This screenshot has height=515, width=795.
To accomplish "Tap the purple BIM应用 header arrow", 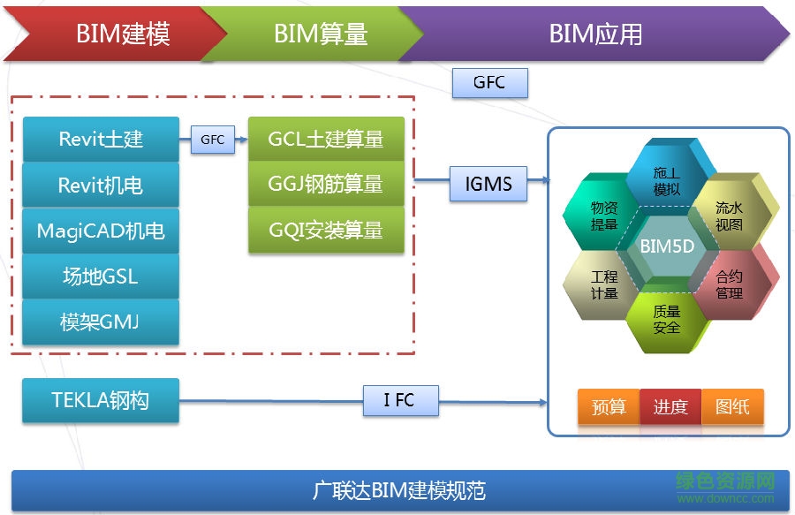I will pyautogui.click(x=594, y=34).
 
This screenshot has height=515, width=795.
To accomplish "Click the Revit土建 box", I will pyautogui.click(x=101, y=140).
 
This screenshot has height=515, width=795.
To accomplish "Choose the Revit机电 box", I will pyautogui.click(x=101, y=186).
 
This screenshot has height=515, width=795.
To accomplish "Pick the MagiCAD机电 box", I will pyautogui.click(x=101, y=231).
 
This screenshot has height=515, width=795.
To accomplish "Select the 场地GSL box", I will pyautogui.click(x=101, y=276).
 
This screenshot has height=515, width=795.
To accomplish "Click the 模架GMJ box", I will pyautogui.click(x=101, y=322).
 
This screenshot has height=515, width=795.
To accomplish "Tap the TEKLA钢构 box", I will pyautogui.click(x=101, y=400).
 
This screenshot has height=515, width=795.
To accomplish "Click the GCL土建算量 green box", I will pyautogui.click(x=326, y=140).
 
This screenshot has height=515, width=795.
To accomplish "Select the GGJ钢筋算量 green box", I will pyautogui.click(x=326, y=185).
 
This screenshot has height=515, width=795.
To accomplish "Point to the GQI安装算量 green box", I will pyautogui.click(x=326, y=231).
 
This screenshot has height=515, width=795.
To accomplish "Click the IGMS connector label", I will pyautogui.click(x=488, y=184).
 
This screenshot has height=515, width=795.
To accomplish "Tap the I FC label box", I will pyautogui.click(x=400, y=400).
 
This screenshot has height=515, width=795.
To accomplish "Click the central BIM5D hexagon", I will pyautogui.click(x=667, y=248).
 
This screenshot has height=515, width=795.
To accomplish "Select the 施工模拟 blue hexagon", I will pyautogui.click(x=667, y=181).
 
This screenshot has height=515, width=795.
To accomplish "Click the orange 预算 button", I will pyautogui.click(x=609, y=407).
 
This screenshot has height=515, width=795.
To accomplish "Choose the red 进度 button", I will pyautogui.click(x=670, y=407).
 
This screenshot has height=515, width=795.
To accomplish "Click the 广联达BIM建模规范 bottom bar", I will pyautogui.click(x=399, y=490).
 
